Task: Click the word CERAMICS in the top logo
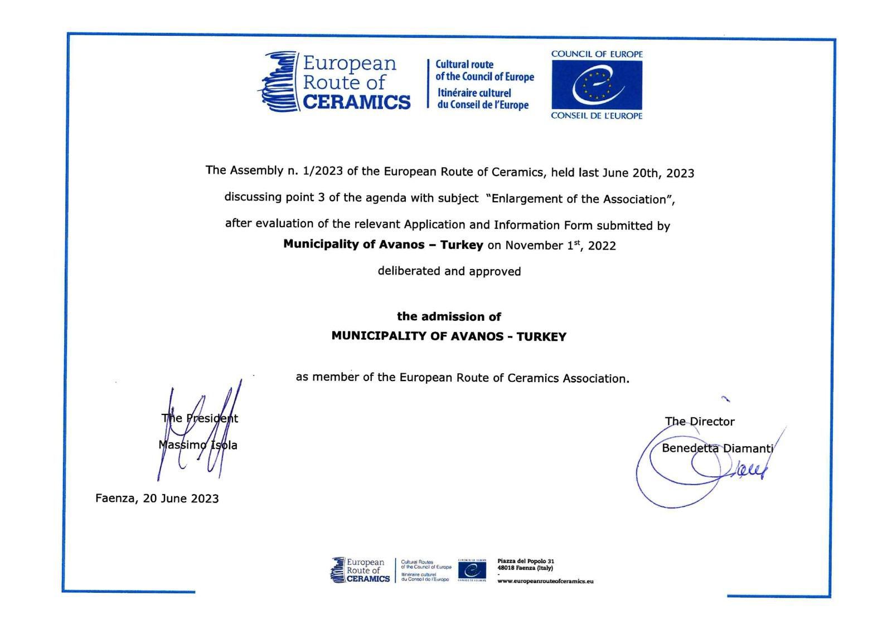pyautogui.click(x=356, y=102)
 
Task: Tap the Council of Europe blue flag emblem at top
pyautogui.click(x=597, y=85)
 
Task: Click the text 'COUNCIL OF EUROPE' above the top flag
pyautogui.click(x=597, y=54)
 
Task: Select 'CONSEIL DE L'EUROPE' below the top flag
pyautogui.click(x=597, y=116)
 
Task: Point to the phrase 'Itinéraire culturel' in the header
pyautogui.click(x=474, y=92)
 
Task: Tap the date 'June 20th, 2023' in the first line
pyautogui.click(x=648, y=173)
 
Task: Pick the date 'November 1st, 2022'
pyautogui.click(x=560, y=246)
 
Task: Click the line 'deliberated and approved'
pyautogui.click(x=449, y=271)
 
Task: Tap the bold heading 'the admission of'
pyautogui.click(x=449, y=316)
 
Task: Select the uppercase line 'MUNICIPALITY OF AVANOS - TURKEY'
pyautogui.click(x=449, y=336)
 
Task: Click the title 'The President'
pyautogui.click(x=200, y=418)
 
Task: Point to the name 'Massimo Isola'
pyautogui.click(x=198, y=445)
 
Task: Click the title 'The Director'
pyautogui.click(x=700, y=422)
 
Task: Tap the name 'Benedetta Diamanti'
pyautogui.click(x=718, y=448)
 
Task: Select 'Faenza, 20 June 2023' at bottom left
pyautogui.click(x=157, y=499)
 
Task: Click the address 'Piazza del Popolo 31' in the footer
pyautogui.click(x=526, y=561)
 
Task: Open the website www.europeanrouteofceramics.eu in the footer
pyautogui.click(x=545, y=581)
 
